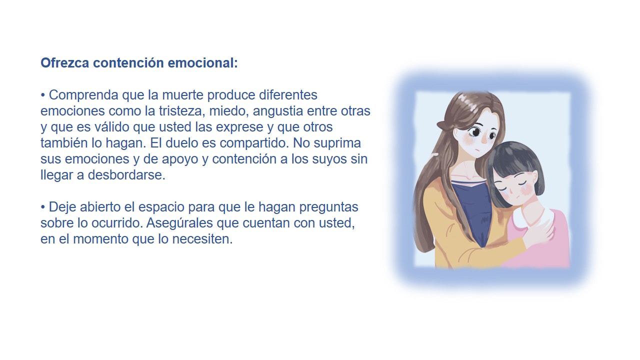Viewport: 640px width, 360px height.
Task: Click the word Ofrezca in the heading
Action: [x=65, y=63]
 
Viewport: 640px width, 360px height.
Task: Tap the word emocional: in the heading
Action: [x=203, y=63]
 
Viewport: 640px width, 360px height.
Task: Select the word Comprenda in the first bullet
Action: [x=83, y=95]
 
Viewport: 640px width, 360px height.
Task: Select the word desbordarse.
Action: [x=126, y=175]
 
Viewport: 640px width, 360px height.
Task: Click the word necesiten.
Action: [x=202, y=239]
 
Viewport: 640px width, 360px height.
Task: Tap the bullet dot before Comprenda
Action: [x=43, y=95]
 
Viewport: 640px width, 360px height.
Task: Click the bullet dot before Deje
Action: [x=43, y=207]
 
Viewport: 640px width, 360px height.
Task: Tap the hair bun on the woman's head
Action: [x=443, y=125]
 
